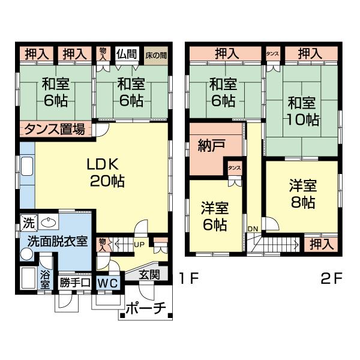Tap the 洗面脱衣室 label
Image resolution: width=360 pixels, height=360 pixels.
58,242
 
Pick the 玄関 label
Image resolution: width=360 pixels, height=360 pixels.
149,275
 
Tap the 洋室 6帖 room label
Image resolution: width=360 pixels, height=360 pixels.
214,217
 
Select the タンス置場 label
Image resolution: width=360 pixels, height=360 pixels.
57,128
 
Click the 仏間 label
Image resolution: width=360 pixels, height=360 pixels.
127,54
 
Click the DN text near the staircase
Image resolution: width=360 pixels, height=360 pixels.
253,229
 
